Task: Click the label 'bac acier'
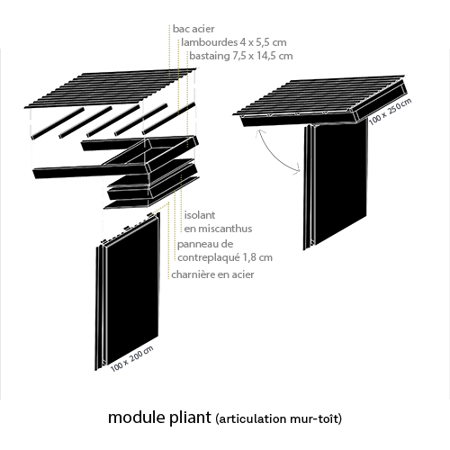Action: tap(193, 29)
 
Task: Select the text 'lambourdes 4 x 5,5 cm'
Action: tap(234, 42)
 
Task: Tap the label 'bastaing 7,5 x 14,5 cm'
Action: tap(241, 56)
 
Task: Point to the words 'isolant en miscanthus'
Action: tap(218, 221)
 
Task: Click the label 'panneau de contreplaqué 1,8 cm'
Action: tap(225, 250)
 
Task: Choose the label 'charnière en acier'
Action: tap(212, 274)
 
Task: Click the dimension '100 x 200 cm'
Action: tap(132, 358)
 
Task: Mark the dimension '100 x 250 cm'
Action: tap(390, 112)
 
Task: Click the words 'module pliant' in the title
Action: tap(159, 418)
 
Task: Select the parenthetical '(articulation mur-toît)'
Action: tap(278, 418)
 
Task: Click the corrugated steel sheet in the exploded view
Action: tap(111, 87)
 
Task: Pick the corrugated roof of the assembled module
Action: tap(319, 94)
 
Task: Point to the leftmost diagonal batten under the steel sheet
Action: tap(58, 123)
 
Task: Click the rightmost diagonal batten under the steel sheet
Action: tap(168, 119)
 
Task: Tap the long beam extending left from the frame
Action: tap(90, 172)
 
